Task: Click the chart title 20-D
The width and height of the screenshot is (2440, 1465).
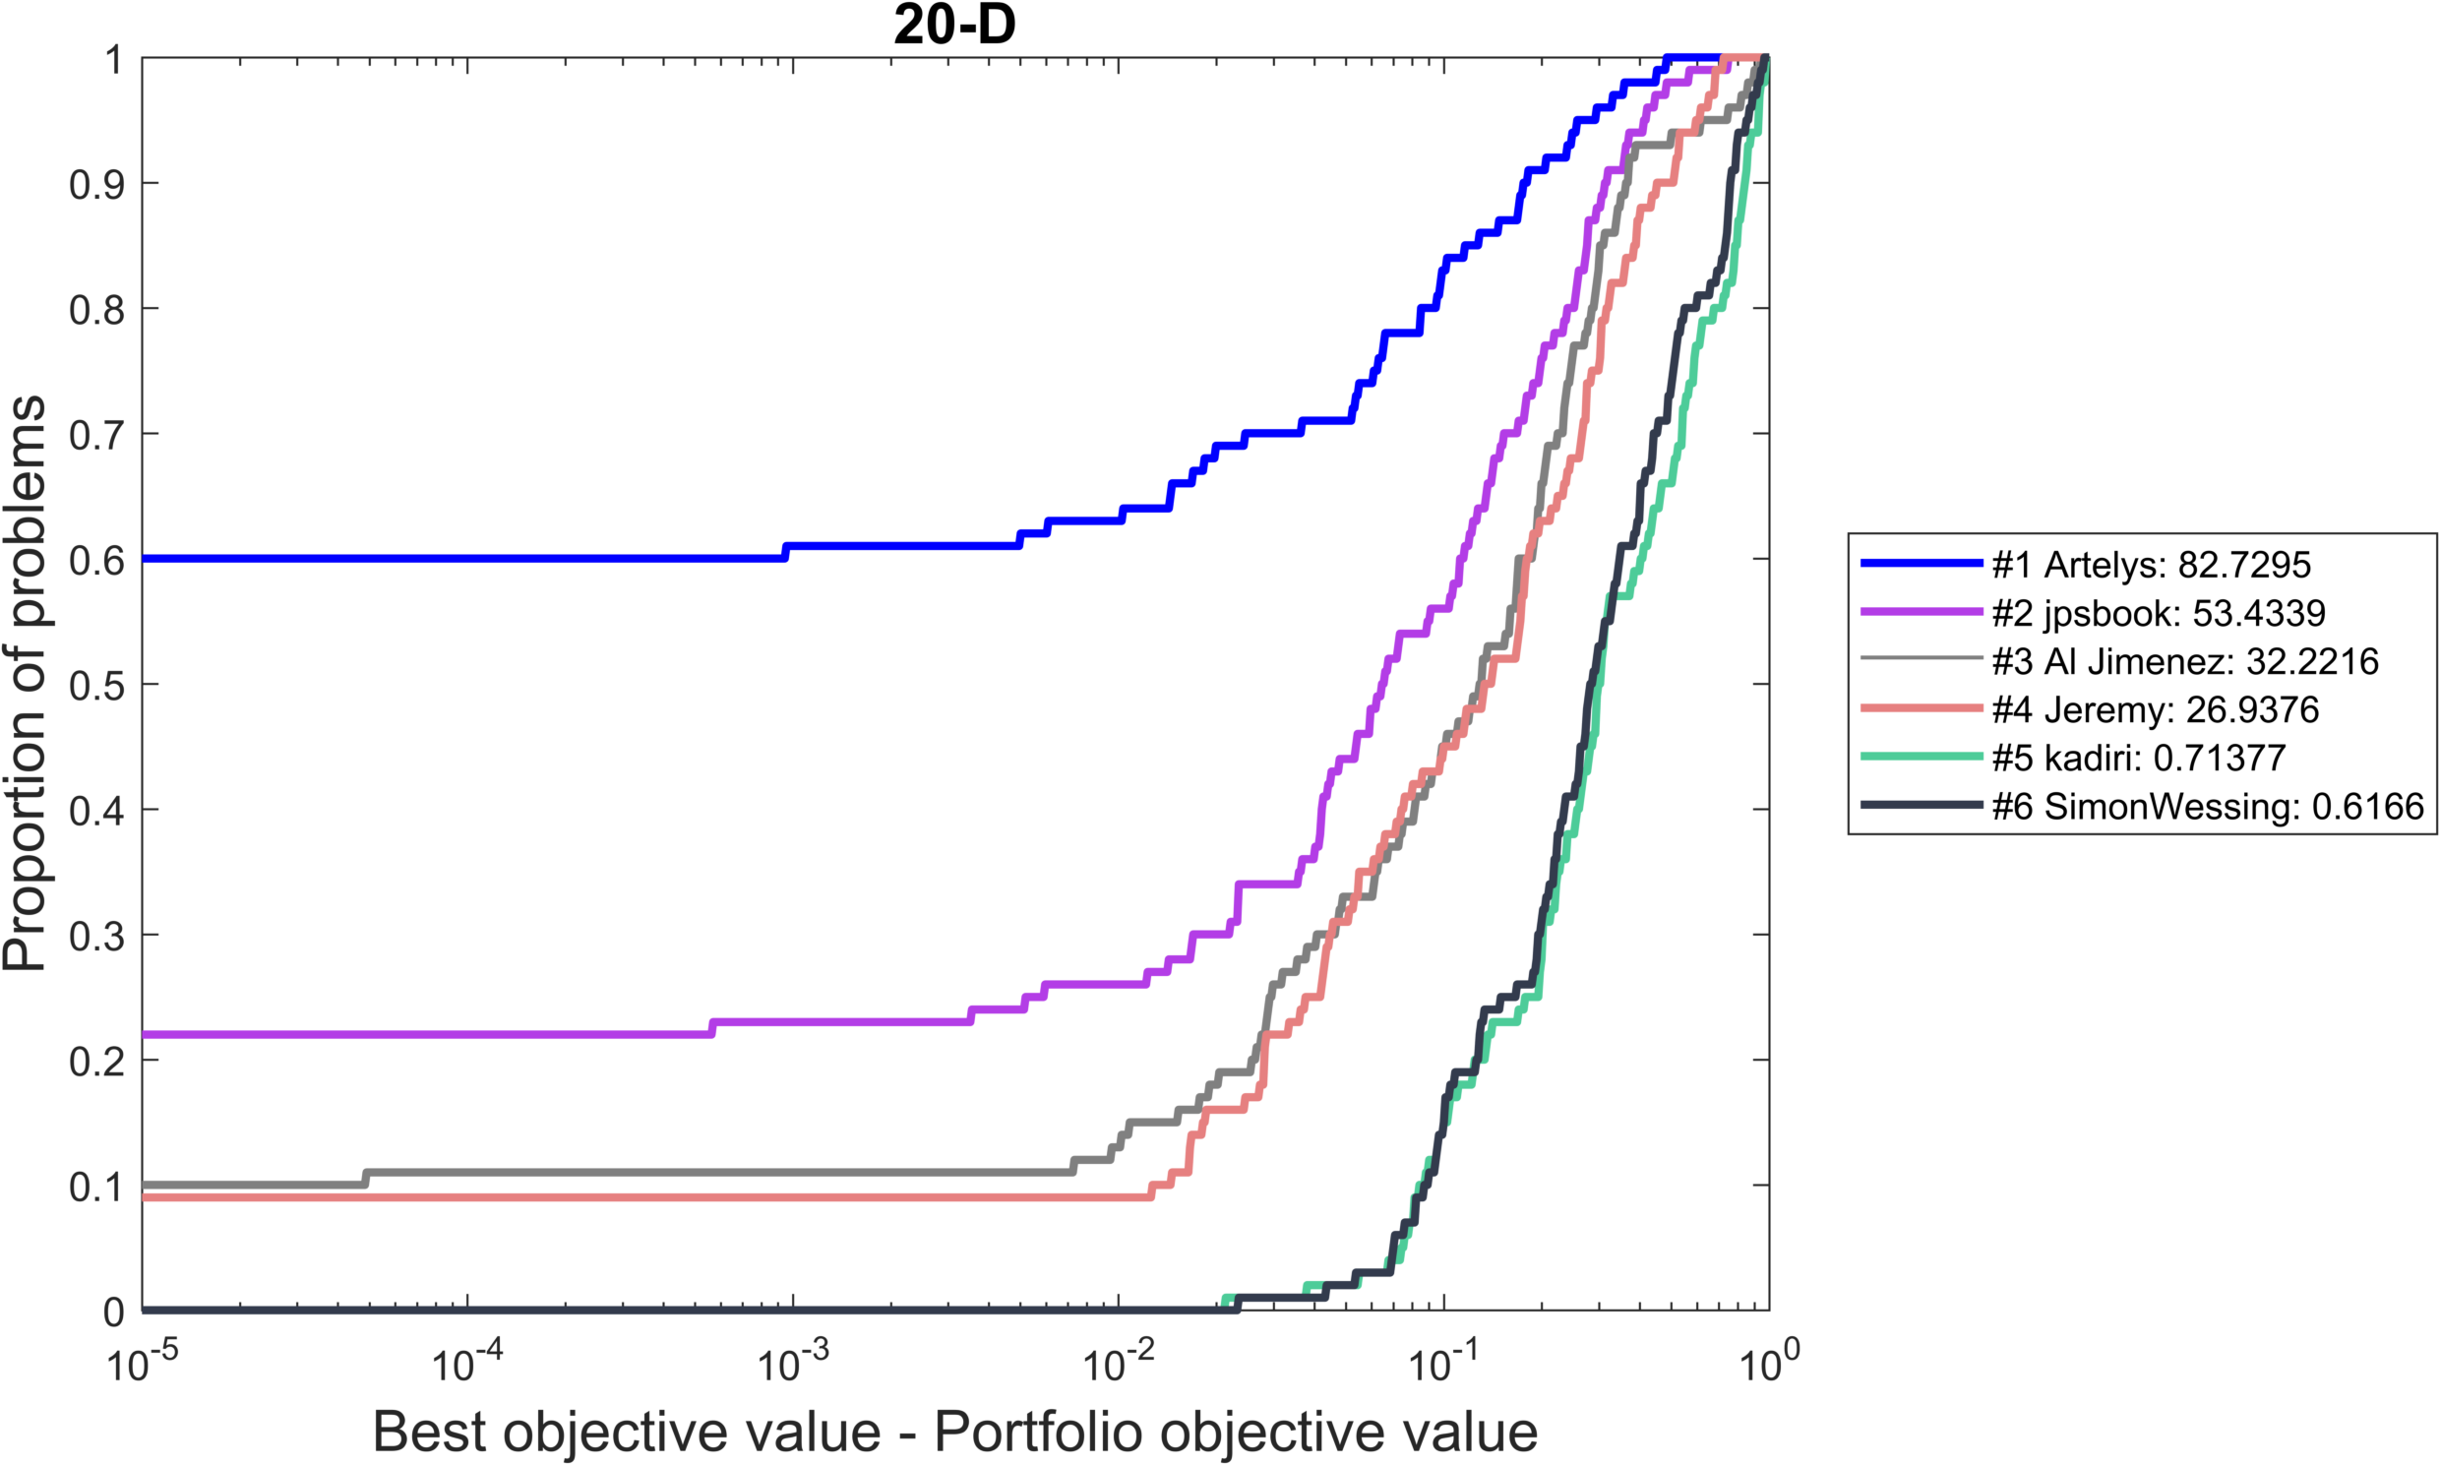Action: point(953,25)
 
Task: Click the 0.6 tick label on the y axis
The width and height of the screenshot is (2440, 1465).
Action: point(96,560)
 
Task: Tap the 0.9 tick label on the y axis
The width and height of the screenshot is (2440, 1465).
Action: point(96,184)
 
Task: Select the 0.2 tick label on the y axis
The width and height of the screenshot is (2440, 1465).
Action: point(96,1062)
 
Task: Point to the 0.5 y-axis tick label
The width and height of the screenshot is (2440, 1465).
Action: point(96,685)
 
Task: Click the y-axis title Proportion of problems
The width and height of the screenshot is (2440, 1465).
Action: point(25,683)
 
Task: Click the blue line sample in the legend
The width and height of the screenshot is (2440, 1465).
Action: point(1921,564)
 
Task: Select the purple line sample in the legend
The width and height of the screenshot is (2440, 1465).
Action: point(1921,612)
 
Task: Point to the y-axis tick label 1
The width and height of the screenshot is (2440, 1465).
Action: point(114,59)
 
